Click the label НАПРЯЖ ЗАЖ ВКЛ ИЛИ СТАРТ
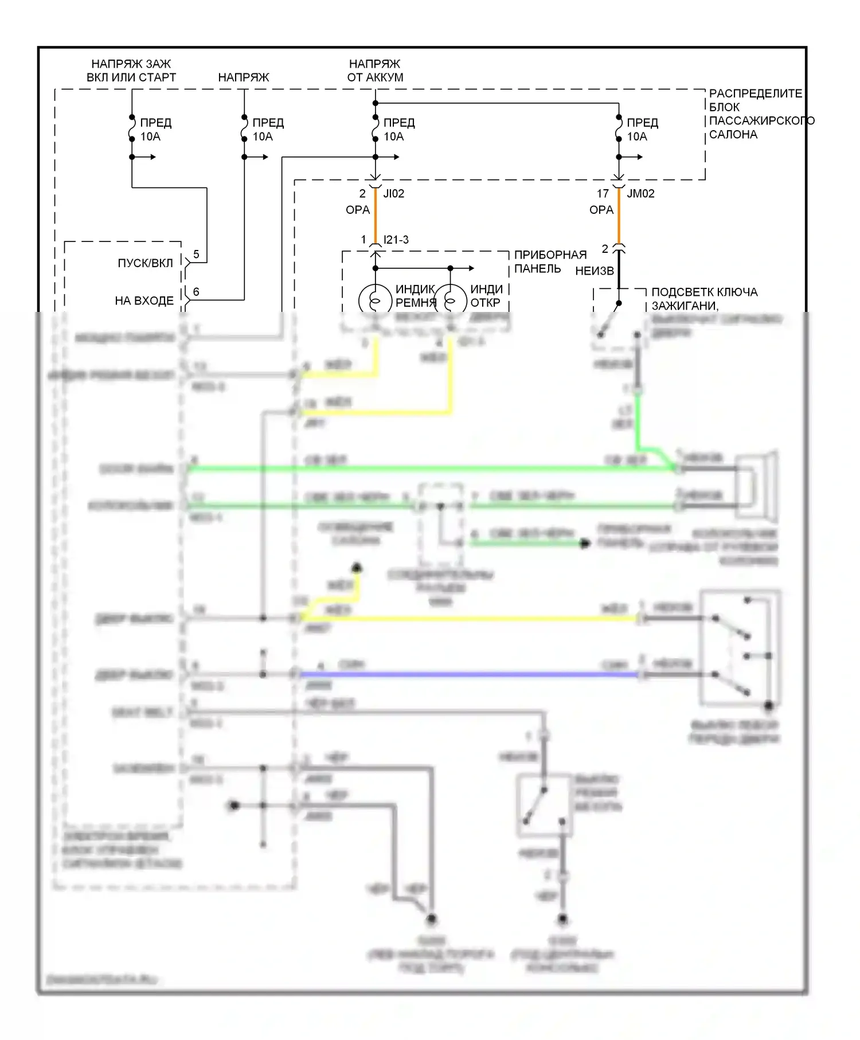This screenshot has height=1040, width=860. (131, 71)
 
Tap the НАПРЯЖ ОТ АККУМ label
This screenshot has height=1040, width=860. (375, 71)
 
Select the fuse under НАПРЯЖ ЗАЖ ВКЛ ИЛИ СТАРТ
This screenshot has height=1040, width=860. (132, 129)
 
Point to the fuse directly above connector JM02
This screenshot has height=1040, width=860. (619, 129)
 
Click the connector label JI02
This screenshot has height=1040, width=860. (394, 194)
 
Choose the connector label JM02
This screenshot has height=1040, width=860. (640, 194)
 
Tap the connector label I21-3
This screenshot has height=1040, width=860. (396, 240)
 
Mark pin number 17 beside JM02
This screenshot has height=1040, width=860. (603, 194)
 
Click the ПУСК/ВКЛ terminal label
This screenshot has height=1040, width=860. (145, 263)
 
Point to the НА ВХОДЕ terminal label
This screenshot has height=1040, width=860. (144, 300)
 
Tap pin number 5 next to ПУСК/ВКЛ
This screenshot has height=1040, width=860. (196, 254)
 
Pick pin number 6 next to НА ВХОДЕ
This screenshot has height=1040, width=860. (196, 292)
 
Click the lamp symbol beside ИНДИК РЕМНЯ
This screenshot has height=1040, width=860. (375, 300)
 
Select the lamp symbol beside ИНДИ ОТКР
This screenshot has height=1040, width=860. (450, 300)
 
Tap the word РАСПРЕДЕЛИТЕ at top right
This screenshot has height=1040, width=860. (756, 93)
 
